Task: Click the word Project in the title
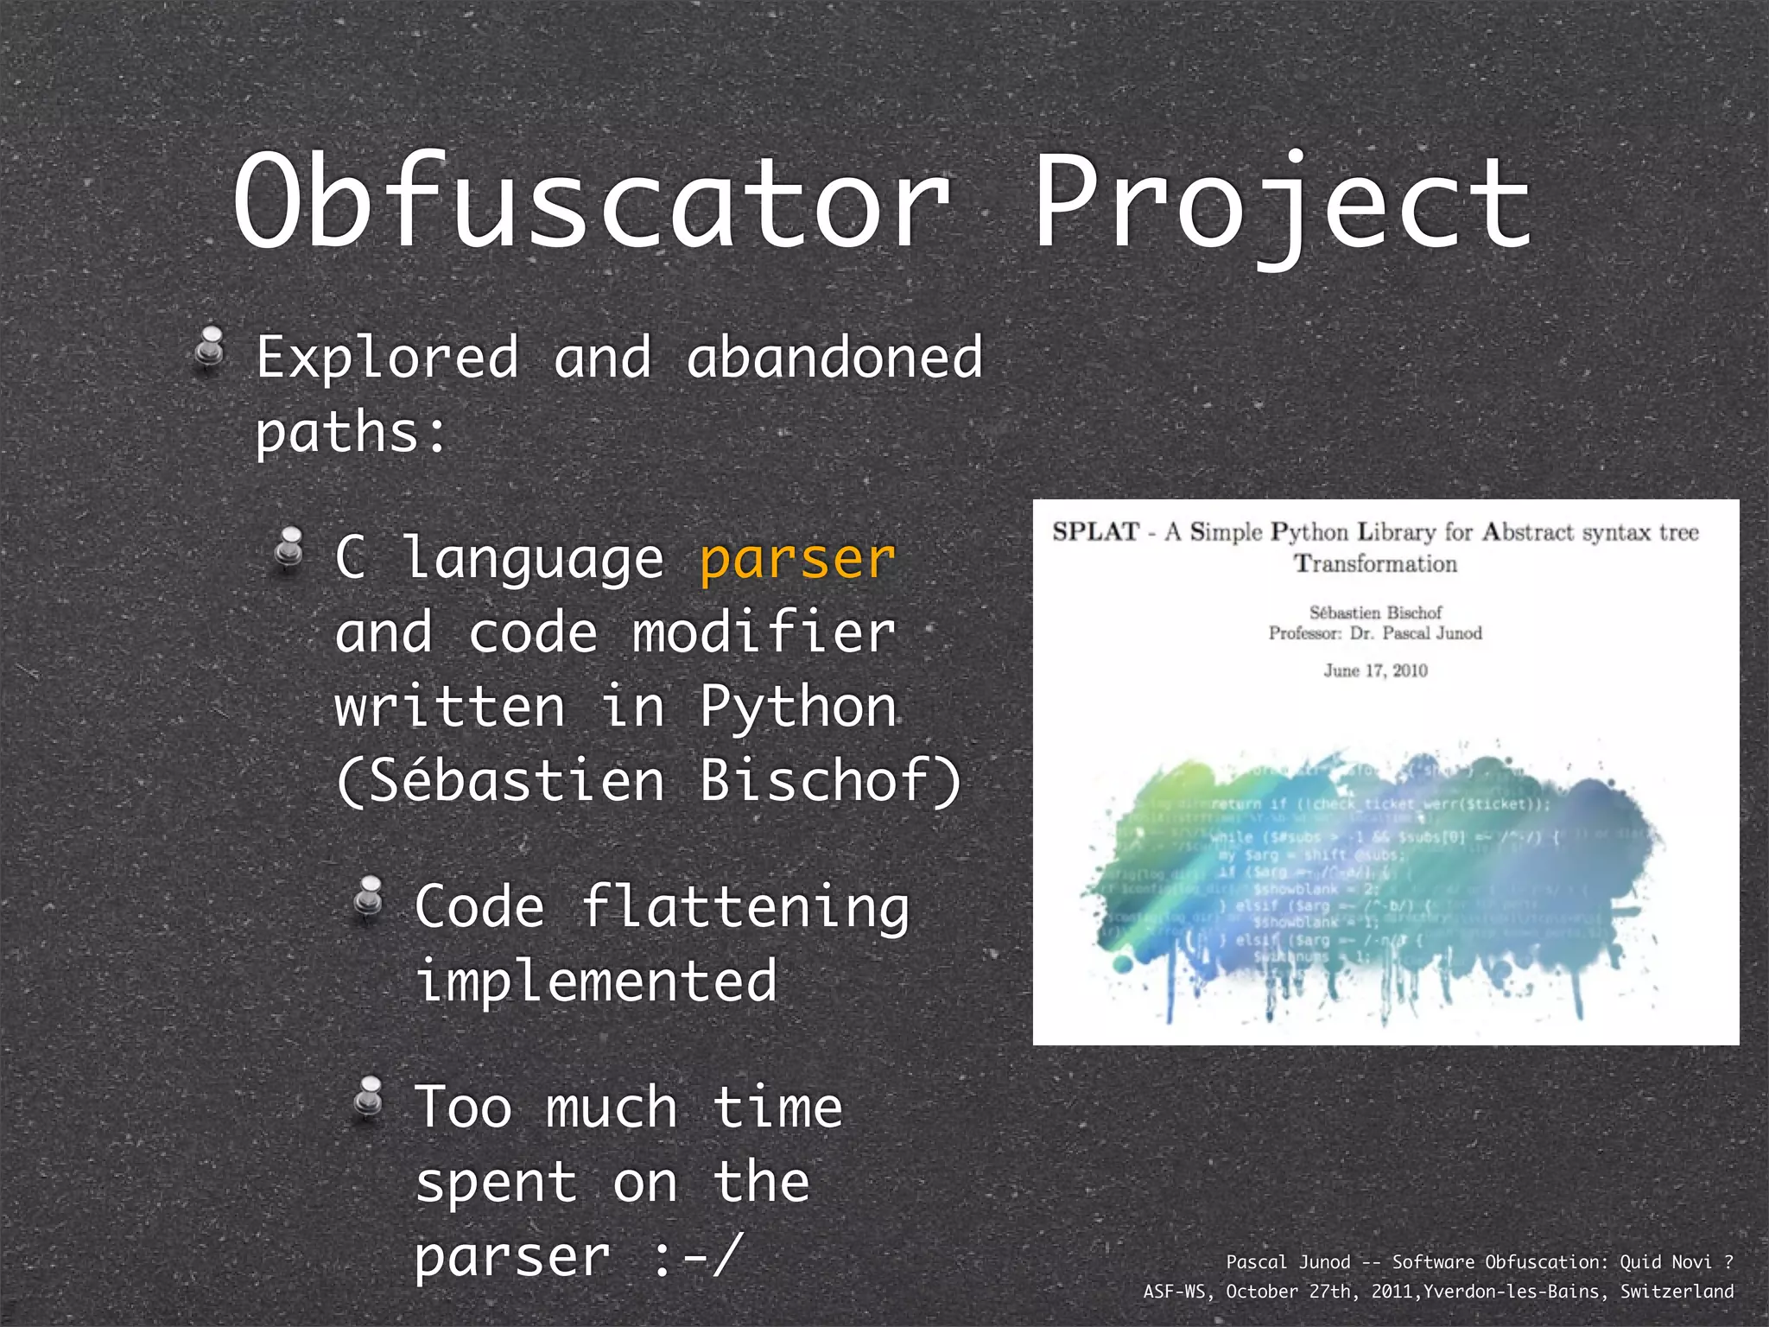(1282, 203)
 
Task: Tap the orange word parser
(796, 559)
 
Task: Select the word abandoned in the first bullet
(834, 357)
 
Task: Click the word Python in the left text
(798, 707)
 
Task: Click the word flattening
(745, 908)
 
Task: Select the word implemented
(596, 981)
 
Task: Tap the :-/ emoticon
(696, 1255)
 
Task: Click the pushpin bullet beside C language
(288, 549)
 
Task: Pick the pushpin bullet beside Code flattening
(369, 898)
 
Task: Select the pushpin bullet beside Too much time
(369, 1099)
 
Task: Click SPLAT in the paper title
(1095, 531)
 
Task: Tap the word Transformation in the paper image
(1374, 564)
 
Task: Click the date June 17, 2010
(1375, 670)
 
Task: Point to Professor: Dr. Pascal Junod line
(1374, 633)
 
